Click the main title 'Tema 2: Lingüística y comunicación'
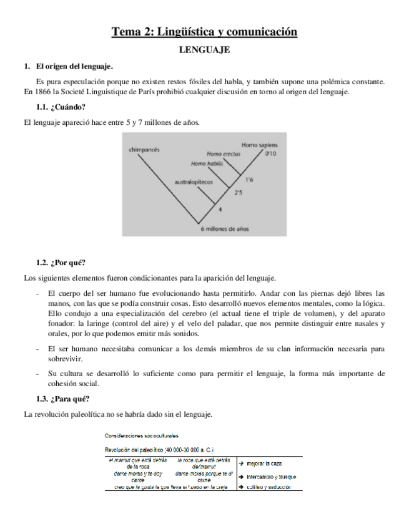click(x=204, y=32)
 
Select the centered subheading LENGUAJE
click(x=204, y=49)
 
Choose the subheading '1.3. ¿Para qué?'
click(x=62, y=399)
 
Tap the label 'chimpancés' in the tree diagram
click(x=144, y=150)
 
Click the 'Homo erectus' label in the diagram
click(x=224, y=153)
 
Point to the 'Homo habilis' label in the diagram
click(x=207, y=163)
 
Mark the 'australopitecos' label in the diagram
click(x=194, y=182)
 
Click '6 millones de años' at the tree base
click(x=225, y=229)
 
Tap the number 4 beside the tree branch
click(x=220, y=209)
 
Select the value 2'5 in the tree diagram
click(x=239, y=193)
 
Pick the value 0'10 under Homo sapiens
click(x=271, y=153)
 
